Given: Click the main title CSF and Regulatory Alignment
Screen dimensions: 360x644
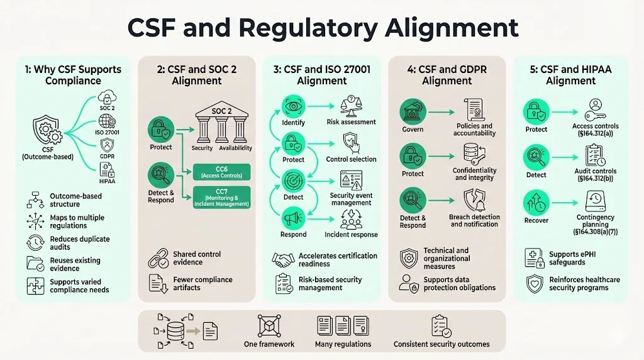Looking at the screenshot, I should pyautogui.click(x=323, y=28).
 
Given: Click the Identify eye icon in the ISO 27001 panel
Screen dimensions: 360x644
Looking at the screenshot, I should pyautogui.click(x=292, y=105).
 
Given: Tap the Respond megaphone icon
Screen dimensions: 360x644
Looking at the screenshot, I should pyautogui.click(x=292, y=218).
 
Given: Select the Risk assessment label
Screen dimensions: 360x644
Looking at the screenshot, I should pyautogui.click(x=351, y=122).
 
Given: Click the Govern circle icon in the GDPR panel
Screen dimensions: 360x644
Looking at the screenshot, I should pyautogui.click(x=413, y=111).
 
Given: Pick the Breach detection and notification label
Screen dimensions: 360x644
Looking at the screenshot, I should pyautogui.click(x=475, y=220).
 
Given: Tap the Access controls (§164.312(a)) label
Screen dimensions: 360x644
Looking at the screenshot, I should pyautogui.click(x=595, y=130).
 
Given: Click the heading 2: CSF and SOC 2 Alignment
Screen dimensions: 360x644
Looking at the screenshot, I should pyautogui.click(x=196, y=75).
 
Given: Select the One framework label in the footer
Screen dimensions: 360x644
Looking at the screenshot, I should pyautogui.click(x=269, y=344).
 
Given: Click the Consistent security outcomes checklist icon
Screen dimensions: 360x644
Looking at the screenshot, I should pyautogui.click(x=441, y=327).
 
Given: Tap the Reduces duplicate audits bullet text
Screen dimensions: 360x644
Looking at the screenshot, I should pyautogui.click(x=80, y=243).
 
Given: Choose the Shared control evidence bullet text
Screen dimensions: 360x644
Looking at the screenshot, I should pyautogui.click(x=197, y=258).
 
